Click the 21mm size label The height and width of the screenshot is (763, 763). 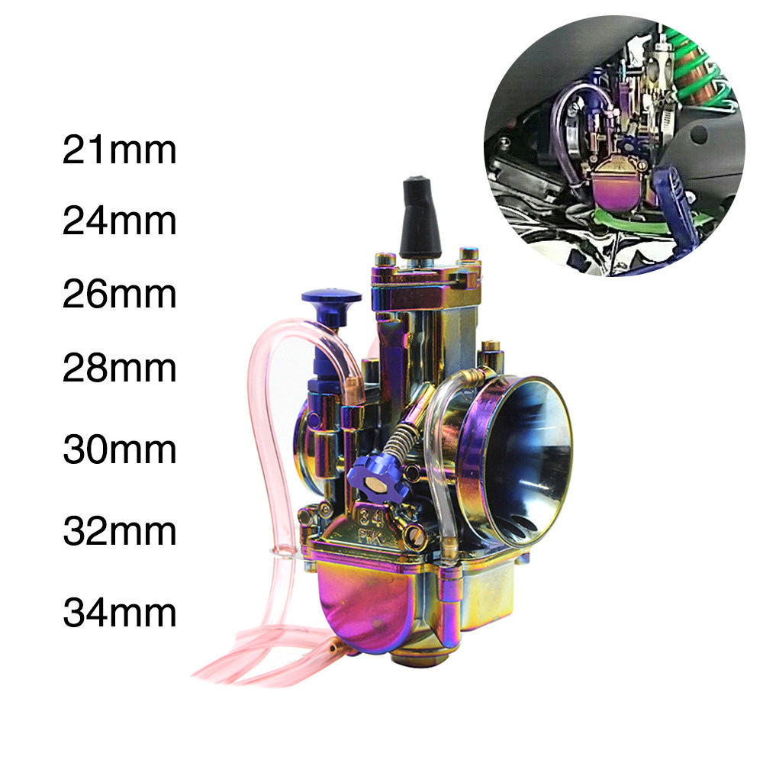pos(120,150)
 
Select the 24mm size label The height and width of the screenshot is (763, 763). pos(120,222)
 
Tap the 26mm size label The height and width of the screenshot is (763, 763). pos(120,295)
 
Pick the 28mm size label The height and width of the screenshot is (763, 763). pos(120,368)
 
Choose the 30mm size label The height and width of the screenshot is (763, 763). pos(120,450)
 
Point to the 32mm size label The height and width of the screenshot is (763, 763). pos(120,531)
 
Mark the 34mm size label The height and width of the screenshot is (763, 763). pos(120,613)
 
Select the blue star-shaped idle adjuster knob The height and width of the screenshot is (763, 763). pos(375,478)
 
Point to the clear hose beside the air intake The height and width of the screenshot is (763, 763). pos(436,458)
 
